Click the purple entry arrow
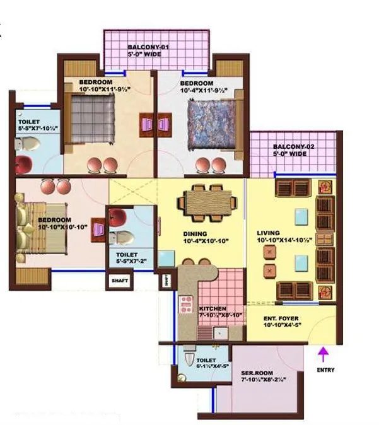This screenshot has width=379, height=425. coord(323,353)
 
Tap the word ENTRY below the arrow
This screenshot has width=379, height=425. coord(325,370)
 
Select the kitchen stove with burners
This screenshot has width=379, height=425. coord(187,304)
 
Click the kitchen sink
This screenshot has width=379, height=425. coord(220,332)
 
